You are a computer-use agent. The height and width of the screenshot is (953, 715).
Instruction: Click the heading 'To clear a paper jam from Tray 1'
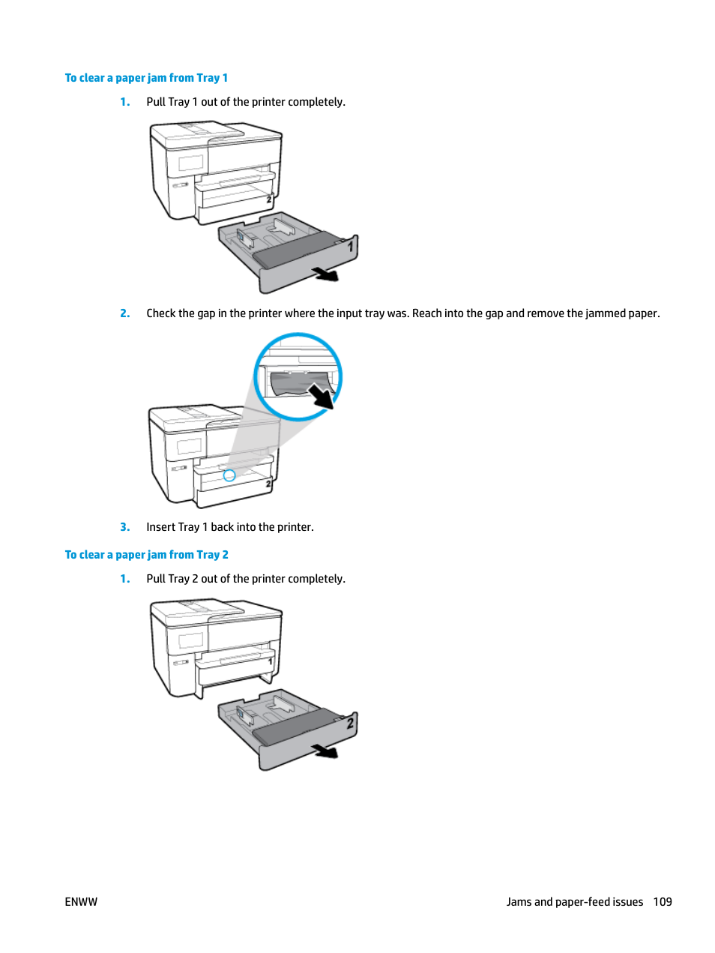coord(146,78)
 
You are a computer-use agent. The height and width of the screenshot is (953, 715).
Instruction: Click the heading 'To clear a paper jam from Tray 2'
coord(146,555)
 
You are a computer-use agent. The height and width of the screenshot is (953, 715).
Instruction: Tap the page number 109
coord(662,902)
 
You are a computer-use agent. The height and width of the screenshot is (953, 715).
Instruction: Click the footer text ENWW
coord(81,902)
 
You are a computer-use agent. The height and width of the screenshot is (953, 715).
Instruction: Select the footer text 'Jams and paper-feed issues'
coord(574,902)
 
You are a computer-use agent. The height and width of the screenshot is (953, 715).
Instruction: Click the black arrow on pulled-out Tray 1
coord(326,274)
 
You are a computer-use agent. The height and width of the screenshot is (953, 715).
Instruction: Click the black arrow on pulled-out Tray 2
coord(325,751)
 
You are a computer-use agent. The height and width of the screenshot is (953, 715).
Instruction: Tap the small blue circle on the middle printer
coord(229,475)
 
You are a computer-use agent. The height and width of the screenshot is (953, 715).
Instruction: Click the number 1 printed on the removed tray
coord(350,245)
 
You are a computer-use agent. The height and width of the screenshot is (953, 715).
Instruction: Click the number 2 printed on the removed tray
coord(350,723)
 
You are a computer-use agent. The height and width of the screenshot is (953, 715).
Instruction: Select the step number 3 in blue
coord(124,527)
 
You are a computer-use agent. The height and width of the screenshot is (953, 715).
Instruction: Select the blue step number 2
coord(124,313)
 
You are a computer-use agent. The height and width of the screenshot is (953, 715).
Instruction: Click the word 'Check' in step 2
coord(161,313)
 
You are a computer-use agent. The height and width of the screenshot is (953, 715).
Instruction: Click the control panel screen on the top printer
coord(190,163)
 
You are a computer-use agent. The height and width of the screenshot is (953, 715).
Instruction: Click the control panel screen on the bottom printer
coord(190,640)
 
